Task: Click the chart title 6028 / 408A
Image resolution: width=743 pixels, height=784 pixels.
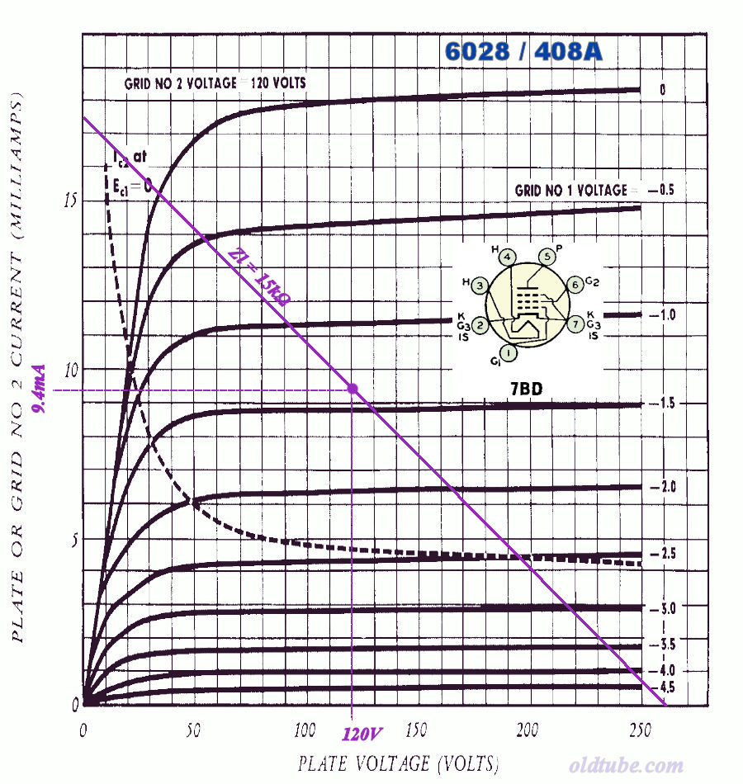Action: (x=524, y=51)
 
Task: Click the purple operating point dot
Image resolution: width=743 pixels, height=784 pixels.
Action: (x=353, y=388)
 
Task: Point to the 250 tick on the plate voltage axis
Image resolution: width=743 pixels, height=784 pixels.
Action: (x=637, y=731)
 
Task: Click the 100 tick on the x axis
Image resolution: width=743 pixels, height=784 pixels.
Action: (x=305, y=731)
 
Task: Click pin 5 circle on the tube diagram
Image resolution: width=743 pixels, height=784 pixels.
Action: (x=545, y=256)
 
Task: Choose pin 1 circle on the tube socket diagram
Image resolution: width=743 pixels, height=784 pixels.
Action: (x=509, y=353)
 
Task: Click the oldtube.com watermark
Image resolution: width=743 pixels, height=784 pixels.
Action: (x=626, y=766)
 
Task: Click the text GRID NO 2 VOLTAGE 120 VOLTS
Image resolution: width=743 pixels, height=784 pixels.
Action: (x=215, y=83)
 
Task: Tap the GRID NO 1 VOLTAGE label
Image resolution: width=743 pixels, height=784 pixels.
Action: (x=571, y=190)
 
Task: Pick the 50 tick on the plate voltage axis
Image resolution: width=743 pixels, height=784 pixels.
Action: (x=195, y=731)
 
